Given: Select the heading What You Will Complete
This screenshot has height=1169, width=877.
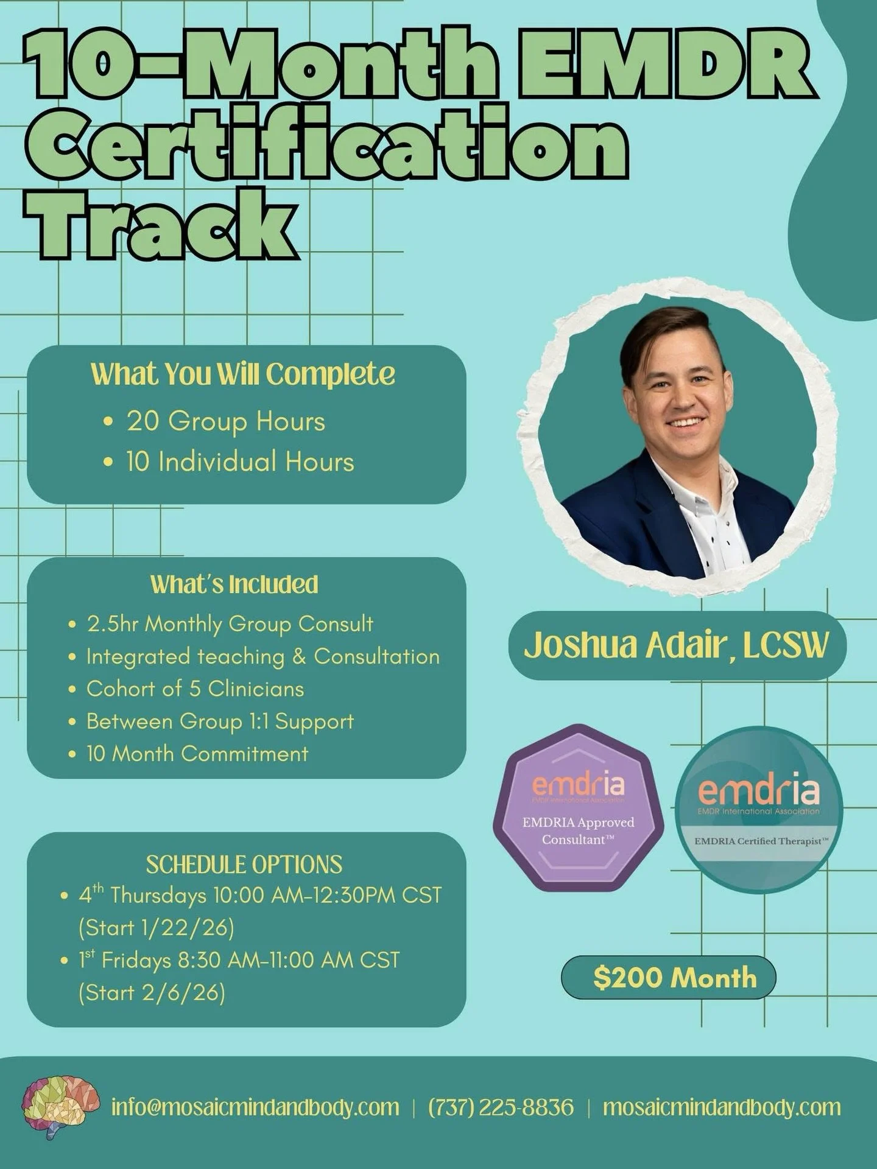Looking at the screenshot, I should (x=242, y=374).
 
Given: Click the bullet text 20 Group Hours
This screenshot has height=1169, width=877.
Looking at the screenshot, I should (x=225, y=421).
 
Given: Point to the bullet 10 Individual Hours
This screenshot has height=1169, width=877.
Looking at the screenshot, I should (x=240, y=462).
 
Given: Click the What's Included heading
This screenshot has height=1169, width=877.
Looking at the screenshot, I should (x=234, y=584).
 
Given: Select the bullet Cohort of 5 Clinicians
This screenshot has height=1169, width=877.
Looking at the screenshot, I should (x=195, y=689).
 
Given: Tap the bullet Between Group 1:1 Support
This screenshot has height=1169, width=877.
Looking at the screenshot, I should (x=220, y=721).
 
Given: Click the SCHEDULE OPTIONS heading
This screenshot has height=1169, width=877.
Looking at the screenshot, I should (x=244, y=865).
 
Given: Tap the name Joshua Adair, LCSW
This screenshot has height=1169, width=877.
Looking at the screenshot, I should (x=677, y=645).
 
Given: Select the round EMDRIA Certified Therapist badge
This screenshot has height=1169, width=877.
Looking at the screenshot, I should (x=759, y=810).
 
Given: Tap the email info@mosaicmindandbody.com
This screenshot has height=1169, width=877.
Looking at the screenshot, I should (x=255, y=1107).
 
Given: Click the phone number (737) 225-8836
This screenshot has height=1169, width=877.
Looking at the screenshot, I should (x=501, y=1107).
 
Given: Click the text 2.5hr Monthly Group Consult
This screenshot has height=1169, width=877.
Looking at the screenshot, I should (x=230, y=624).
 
